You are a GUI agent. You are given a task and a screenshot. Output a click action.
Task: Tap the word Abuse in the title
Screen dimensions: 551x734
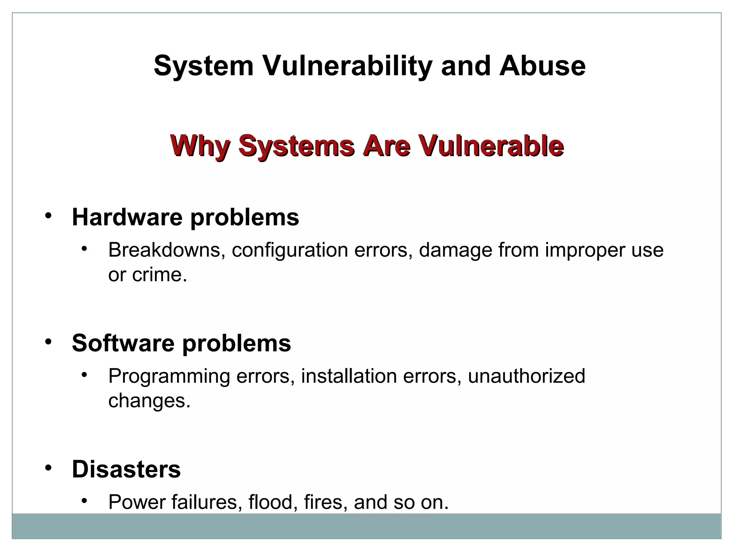coord(542,66)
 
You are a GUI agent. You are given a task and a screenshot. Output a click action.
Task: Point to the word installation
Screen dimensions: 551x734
coord(349,376)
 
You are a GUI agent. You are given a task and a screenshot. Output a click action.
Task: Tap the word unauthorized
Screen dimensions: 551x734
coord(526,376)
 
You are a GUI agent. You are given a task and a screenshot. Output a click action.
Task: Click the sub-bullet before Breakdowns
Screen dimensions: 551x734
coord(84,249)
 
